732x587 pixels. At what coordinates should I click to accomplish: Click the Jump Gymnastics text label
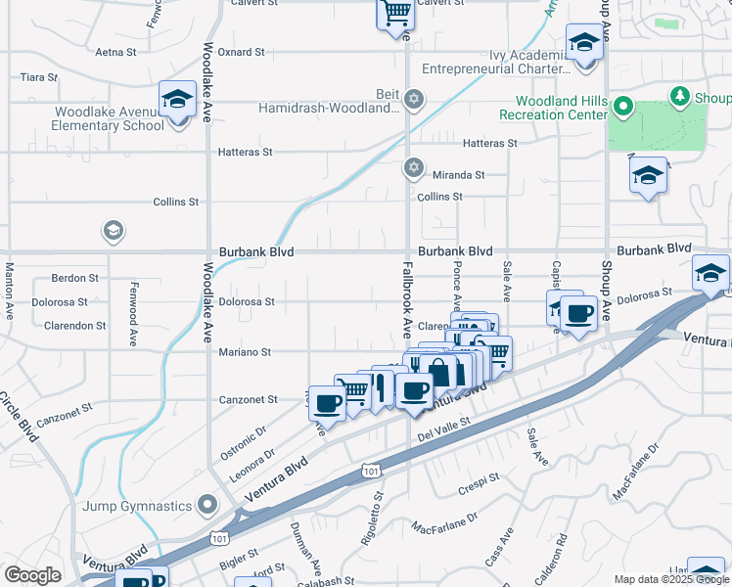tap(137, 506)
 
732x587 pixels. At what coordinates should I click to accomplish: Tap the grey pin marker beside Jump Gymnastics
tap(206, 505)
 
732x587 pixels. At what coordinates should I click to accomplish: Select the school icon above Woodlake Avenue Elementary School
tap(177, 100)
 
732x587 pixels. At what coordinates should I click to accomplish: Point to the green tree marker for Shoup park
tap(678, 95)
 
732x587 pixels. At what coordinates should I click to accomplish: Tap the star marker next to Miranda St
tap(414, 168)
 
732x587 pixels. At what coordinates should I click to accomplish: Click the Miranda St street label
tap(459, 174)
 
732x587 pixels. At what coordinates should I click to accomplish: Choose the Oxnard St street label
tap(241, 52)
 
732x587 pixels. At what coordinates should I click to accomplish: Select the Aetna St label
tap(118, 52)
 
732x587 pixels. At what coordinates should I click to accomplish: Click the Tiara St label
tap(39, 76)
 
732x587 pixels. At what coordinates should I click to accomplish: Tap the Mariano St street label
tap(245, 352)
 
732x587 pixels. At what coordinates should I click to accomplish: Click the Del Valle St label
tap(443, 429)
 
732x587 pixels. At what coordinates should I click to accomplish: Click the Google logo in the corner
tap(32, 575)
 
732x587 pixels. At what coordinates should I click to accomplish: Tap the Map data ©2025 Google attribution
tap(671, 580)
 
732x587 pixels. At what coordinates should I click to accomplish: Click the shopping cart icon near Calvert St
tap(394, 13)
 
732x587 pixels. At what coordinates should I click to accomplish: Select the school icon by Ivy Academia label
tap(584, 44)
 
